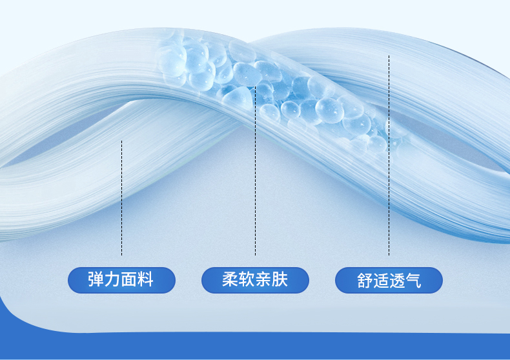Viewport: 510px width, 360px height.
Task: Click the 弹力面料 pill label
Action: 121,280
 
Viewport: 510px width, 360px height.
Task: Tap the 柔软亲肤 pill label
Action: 256,280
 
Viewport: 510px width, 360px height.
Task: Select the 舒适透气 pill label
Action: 389,280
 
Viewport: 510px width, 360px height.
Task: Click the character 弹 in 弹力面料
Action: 96,279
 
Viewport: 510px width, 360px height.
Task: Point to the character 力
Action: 112,279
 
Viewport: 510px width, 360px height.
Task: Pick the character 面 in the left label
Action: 129,279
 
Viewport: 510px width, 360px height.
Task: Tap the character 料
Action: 145,279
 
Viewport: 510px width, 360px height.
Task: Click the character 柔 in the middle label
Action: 230,279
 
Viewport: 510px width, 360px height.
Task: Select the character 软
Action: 247,279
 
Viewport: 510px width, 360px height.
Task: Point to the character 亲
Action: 263,279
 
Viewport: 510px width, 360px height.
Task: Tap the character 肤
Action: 280,279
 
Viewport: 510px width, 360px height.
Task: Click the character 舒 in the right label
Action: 365,281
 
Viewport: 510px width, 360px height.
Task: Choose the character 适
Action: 381,281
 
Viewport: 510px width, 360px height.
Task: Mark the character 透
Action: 397,281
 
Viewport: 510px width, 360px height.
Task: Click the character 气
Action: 413,281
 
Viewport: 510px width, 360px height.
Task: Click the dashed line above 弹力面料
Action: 121,198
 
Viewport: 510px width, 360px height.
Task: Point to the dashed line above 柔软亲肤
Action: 256,171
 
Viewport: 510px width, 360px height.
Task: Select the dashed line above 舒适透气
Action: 389,155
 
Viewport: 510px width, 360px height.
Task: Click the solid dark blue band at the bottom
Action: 255,345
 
